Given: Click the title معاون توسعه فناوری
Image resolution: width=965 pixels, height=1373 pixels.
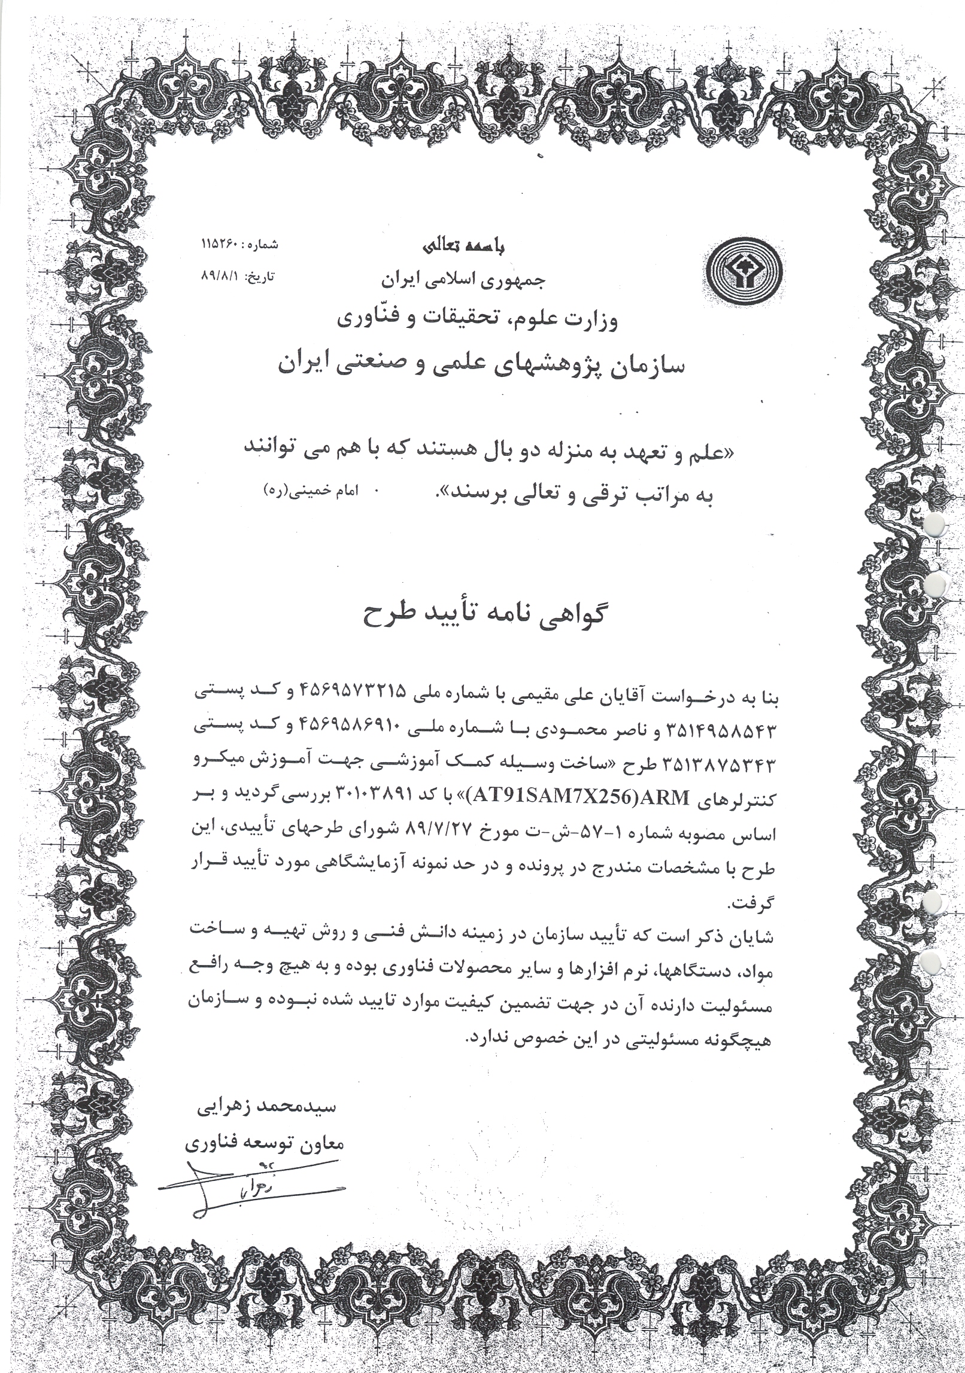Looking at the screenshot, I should point(263,1143).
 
